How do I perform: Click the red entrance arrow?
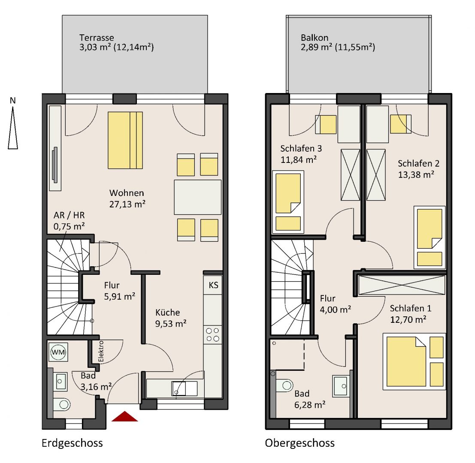pyautogui.click(x=124, y=416)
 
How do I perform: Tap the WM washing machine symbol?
pyautogui.click(x=58, y=352)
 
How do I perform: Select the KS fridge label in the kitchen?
pyautogui.click(x=213, y=285)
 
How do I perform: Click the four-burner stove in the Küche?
pyautogui.click(x=213, y=334)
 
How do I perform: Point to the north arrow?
pyautogui.click(x=13, y=123)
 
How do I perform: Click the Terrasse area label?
pyautogui.click(x=116, y=42)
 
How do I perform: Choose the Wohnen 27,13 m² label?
pyautogui.click(x=127, y=198)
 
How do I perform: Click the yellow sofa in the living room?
pyautogui.click(x=125, y=140)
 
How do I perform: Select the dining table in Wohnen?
pyautogui.click(x=197, y=197)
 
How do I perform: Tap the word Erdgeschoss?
pyautogui.click(x=72, y=443)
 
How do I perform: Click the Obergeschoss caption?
pyautogui.click(x=300, y=443)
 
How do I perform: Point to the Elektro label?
pyautogui.click(x=101, y=352)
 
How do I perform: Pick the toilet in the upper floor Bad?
pyautogui.click(x=284, y=385)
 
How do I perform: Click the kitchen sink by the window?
pyautogui.click(x=185, y=388)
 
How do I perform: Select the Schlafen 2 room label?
pyautogui.click(x=418, y=169)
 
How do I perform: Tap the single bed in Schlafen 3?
pyautogui.click(x=288, y=202)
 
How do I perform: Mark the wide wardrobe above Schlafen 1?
pyautogui.click(x=402, y=285)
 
